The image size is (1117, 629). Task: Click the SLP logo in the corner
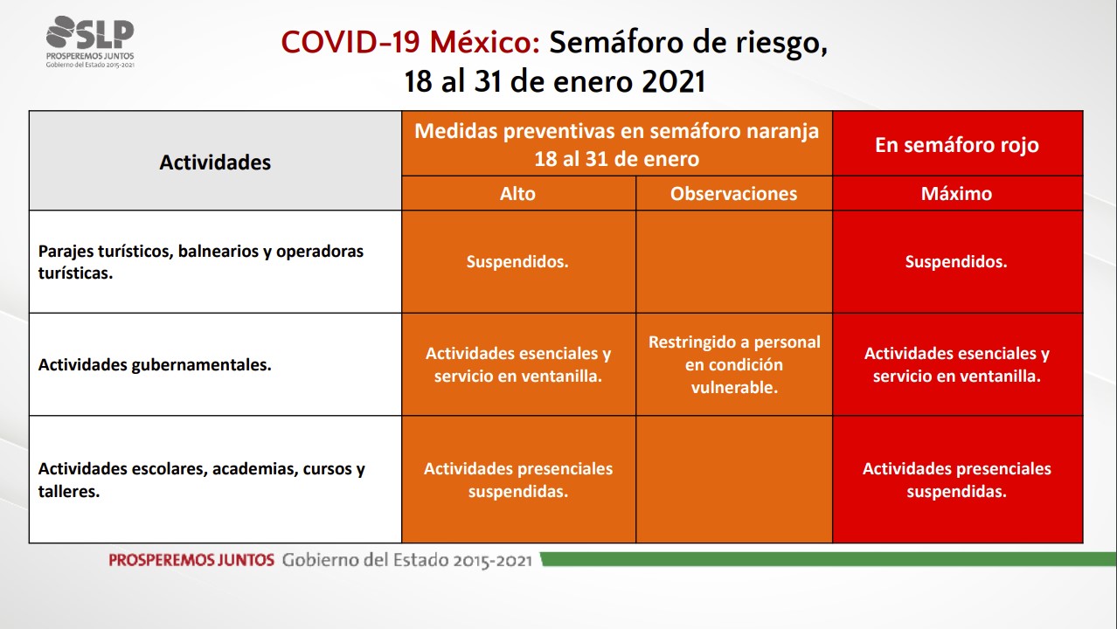point(90,42)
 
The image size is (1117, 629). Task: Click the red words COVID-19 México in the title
point(411,42)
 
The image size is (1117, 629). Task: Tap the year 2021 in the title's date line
point(674,81)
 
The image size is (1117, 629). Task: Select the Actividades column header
point(215,162)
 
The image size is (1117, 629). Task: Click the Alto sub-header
point(517,193)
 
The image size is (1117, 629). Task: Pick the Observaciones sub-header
point(733,193)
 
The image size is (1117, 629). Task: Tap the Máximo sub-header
point(956,193)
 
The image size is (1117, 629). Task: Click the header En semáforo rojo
point(957,145)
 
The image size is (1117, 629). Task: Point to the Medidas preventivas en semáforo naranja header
point(617,144)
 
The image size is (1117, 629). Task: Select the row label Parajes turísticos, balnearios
point(201,262)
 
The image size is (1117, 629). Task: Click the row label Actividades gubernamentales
point(155,365)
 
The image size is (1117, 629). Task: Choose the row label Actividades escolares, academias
point(201,480)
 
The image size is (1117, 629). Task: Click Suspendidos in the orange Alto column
point(517,262)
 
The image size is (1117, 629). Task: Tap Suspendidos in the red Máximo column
point(956,262)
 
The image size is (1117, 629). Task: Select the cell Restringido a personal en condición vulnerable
point(734,364)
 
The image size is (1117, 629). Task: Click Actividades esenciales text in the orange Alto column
point(518,364)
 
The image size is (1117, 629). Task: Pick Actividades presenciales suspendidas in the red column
point(957,480)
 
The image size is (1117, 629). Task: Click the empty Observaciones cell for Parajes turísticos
point(734,262)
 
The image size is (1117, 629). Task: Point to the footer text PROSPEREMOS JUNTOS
point(191,560)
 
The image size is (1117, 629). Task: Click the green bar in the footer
point(829,559)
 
